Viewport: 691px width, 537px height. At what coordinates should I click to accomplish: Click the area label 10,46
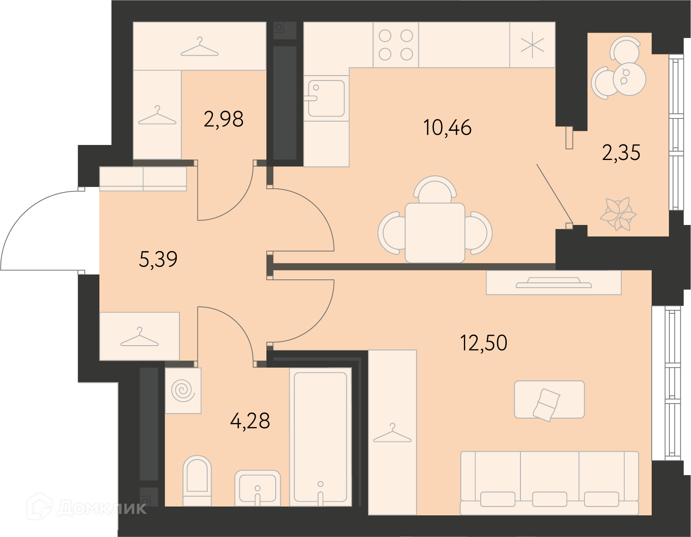(447, 128)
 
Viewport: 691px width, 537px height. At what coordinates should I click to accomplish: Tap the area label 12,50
(483, 343)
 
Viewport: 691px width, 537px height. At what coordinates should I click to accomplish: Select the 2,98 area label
(224, 119)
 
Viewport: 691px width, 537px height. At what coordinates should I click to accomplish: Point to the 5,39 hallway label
(158, 259)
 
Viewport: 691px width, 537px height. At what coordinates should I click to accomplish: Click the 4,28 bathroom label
(250, 421)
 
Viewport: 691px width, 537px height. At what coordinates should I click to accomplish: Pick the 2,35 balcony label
(621, 152)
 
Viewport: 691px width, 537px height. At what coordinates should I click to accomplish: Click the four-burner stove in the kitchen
(395, 45)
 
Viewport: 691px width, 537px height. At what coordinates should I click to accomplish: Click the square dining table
(435, 233)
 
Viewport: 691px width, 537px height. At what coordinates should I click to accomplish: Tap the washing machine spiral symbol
(183, 390)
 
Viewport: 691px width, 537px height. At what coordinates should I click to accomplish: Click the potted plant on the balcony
(618, 213)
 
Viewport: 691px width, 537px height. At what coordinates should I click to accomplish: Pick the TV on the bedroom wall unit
(554, 282)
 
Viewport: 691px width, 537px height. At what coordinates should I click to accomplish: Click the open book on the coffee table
(547, 405)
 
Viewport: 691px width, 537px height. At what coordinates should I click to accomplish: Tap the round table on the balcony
(629, 80)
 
